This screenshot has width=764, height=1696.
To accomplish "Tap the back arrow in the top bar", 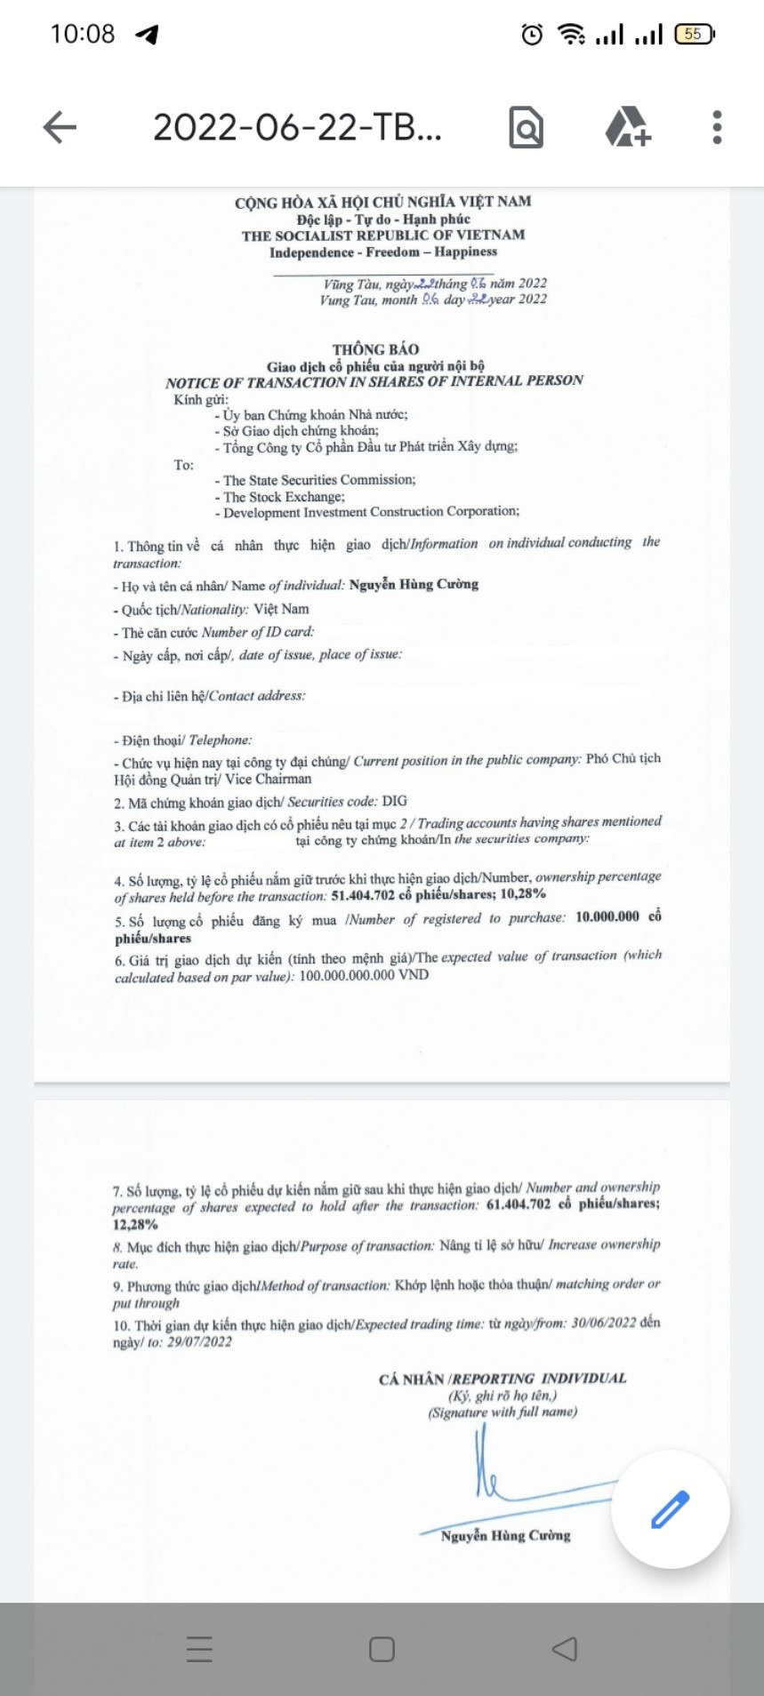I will click(x=60, y=127).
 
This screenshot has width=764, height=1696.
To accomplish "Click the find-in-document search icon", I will click(x=526, y=127).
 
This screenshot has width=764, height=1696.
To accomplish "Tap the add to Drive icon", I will click(x=628, y=127).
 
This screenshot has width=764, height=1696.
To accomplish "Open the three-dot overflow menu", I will click(x=717, y=127).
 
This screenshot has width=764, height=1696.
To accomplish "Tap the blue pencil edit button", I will click(x=670, y=1508).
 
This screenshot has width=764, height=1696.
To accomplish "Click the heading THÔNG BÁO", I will click(x=375, y=349).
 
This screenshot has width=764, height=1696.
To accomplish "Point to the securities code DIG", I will click(x=395, y=800).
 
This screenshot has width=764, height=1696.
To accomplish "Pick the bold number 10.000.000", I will click(x=607, y=916).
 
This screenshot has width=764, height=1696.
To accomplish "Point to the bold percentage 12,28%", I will click(x=135, y=1224).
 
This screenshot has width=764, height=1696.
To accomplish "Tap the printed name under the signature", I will click(x=505, y=1535).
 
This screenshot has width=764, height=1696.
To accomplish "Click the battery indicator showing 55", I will click(x=694, y=35).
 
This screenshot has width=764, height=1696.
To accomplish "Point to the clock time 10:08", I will click(x=83, y=35).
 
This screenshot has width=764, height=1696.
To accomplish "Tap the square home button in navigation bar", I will click(x=382, y=1650).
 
